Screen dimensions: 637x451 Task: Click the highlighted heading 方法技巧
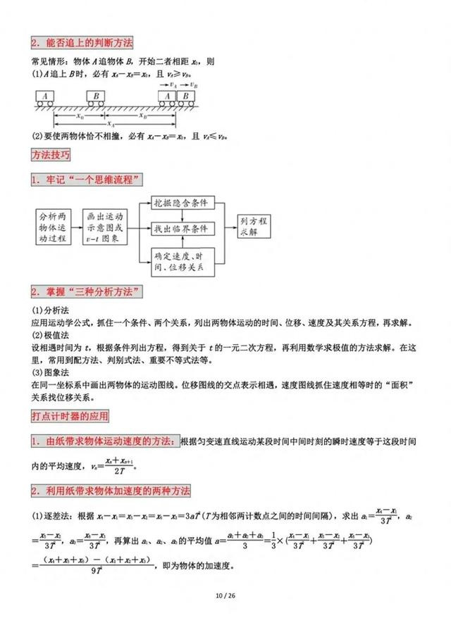coord(50,154)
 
